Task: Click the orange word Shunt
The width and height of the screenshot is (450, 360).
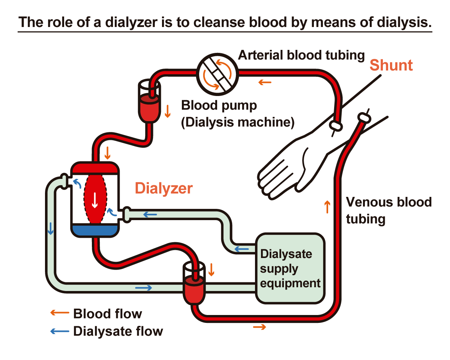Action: click(391, 65)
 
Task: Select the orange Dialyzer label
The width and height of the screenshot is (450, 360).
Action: click(164, 188)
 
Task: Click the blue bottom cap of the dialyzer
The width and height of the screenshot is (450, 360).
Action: click(94, 230)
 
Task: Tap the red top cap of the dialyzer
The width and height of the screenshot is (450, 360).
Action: click(94, 168)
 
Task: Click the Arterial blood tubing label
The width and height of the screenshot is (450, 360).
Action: click(301, 55)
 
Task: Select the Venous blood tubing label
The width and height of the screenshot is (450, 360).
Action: click(388, 210)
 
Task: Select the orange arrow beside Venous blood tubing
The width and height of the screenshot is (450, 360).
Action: click(327, 207)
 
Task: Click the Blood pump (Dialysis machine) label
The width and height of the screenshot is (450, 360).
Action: click(237, 114)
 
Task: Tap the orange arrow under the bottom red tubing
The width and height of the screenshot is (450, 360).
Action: click(259, 327)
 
